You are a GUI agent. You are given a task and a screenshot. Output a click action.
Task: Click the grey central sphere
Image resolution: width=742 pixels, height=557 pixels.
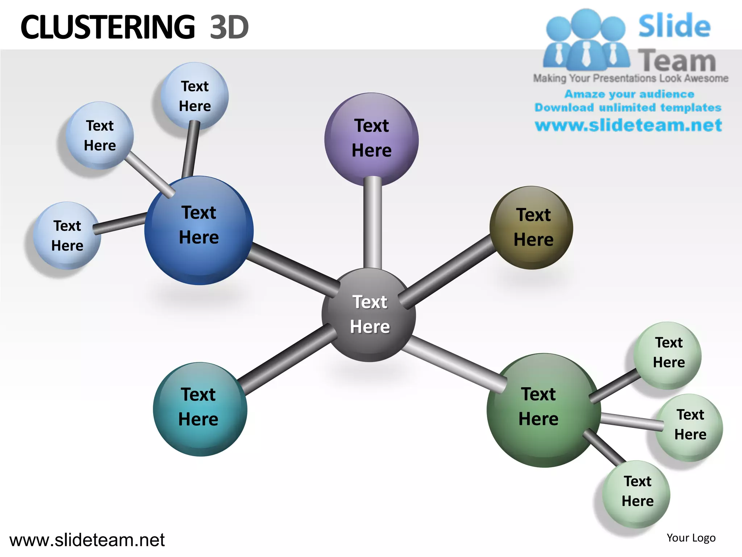coord(369,315)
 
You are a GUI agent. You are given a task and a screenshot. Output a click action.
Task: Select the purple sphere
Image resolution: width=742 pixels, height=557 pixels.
coord(371,139)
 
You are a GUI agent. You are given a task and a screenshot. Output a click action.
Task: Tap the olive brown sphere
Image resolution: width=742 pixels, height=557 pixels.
coord(531,228)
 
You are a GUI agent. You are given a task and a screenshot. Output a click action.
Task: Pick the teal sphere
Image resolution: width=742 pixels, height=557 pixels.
coord(200,409)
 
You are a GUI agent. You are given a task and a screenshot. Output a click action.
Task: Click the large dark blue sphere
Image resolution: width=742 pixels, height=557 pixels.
coord(199,231)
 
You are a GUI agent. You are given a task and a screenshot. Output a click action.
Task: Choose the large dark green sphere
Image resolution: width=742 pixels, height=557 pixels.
coord(543,410)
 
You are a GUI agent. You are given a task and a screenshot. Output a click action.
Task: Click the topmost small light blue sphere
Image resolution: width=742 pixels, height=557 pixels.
coord(195,96)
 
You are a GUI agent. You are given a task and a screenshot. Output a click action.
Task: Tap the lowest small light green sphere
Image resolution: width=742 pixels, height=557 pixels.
coord(636,494)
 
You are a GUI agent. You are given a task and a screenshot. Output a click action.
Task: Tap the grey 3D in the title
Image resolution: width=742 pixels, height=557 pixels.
coord(229,27)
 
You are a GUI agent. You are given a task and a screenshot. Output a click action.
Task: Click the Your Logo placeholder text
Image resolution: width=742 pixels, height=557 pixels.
coord(691,538)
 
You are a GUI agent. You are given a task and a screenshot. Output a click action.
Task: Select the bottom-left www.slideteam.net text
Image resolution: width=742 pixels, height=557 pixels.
coord(87,540)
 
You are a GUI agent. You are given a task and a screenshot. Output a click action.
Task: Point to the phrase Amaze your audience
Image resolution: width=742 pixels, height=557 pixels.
coord(629,94)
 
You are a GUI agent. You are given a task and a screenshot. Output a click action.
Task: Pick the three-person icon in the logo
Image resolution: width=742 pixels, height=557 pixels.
coord(586,40)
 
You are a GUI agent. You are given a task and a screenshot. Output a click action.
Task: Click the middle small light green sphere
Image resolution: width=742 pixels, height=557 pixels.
coord(689,427)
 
